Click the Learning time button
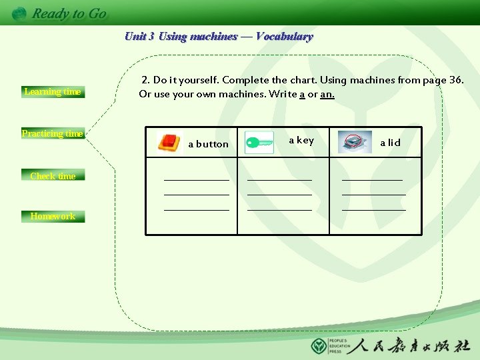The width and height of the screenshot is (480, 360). pos(53,92)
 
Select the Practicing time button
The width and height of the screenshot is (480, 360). pos(53,133)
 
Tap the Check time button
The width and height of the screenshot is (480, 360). pos(53,176)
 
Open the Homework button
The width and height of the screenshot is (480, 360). pos(53,216)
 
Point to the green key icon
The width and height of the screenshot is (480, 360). pos(259,141)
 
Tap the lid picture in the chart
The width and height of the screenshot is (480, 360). pos(355,141)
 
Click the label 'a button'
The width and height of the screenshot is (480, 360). pos(208,144)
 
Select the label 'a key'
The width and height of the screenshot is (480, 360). pos(301,140)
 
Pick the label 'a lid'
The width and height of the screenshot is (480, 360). pos(390,143)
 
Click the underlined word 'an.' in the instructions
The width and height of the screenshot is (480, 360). pos(327,94)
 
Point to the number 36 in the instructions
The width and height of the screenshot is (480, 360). pos(456,80)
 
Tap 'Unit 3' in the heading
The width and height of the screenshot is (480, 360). pos(139,37)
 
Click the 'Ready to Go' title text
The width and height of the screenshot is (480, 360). pos(69,13)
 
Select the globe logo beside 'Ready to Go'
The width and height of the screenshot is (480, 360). pos(19,13)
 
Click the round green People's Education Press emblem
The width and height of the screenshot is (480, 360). pos(319,346)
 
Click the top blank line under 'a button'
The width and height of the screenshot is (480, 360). pos(197,179)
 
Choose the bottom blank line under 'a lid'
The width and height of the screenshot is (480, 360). pos(373,210)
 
